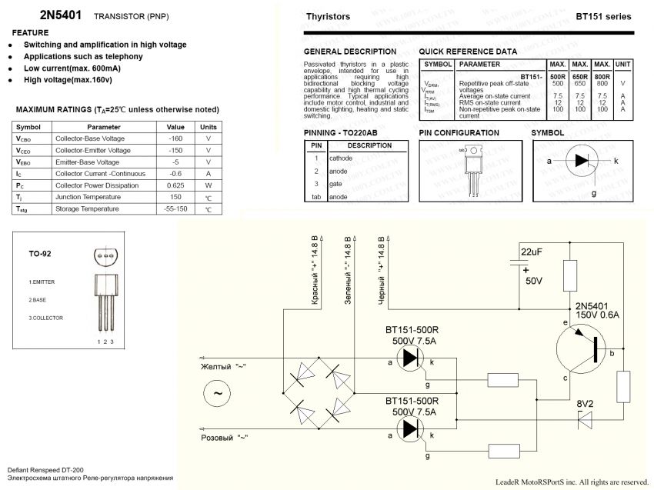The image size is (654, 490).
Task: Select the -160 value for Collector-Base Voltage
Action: point(175,138)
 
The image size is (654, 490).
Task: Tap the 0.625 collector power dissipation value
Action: point(175,185)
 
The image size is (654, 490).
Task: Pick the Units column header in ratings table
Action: point(208,127)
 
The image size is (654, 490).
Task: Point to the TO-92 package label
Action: point(40,253)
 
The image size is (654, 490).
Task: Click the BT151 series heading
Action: point(603,16)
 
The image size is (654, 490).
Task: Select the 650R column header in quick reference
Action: point(580,77)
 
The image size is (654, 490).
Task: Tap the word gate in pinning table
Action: point(337,184)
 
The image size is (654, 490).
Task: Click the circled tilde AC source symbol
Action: point(217,394)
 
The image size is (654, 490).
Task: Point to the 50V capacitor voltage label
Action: point(534,282)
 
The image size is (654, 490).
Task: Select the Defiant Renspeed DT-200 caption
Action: point(45,468)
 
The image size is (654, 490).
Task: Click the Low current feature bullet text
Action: point(72,68)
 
